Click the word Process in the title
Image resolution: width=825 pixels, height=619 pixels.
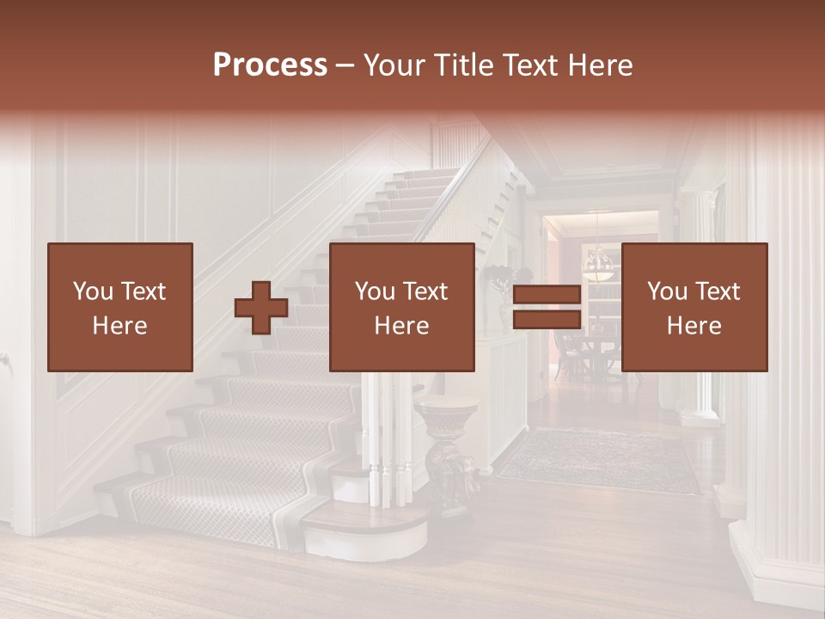[x=270, y=64]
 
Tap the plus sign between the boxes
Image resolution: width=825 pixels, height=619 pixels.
[x=261, y=308]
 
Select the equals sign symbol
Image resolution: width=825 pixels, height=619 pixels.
[x=547, y=308]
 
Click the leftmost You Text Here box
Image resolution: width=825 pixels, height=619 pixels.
[x=119, y=307]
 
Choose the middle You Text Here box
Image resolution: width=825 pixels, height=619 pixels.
[x=401, y=307]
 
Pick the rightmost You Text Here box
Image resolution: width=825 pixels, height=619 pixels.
[x=694, y=307]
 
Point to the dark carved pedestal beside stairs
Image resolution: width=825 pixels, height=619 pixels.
[x=447, y=456]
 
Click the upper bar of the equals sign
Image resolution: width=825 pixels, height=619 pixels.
[x=547, y=295]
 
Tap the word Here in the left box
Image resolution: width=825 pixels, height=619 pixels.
[x=119, y=325]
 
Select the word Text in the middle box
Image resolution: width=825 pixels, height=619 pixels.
[x=425, y=291]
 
